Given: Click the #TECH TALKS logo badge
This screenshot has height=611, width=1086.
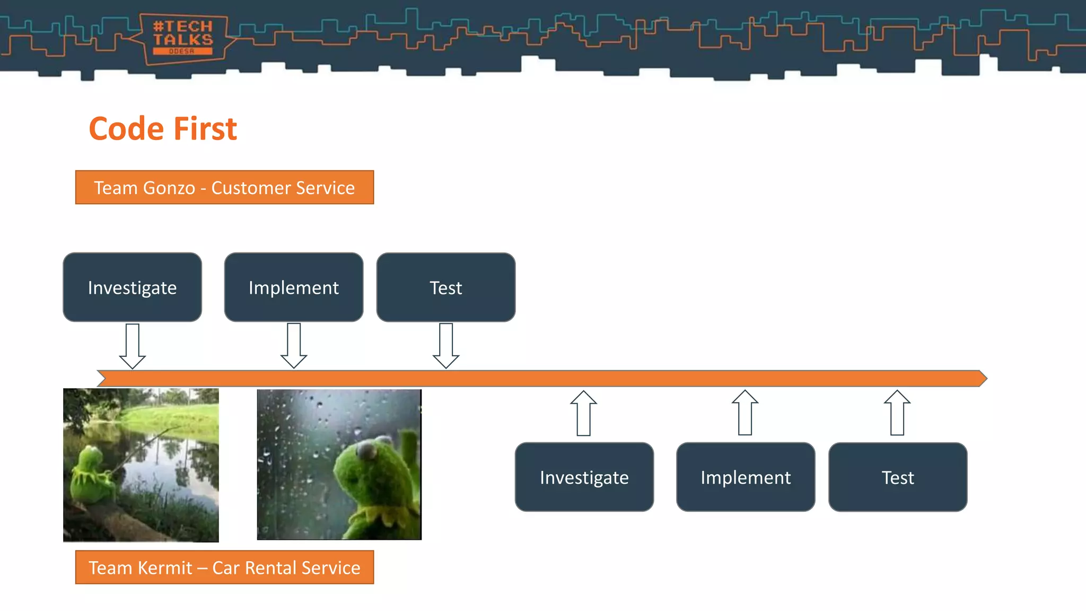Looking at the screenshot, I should click(182, 38).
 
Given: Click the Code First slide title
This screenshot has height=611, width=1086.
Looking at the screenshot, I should click(163, 129).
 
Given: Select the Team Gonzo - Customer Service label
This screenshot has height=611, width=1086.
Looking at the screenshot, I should click(224, 188).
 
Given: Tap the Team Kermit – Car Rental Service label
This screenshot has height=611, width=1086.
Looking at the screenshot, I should click(224, 568).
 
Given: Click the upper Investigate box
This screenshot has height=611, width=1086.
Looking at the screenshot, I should click(132, 287).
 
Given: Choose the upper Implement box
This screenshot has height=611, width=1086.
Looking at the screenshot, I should click(293, 287).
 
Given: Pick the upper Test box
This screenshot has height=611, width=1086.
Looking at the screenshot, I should click(445, 287).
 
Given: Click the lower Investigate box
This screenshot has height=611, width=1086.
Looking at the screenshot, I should click(584, 477).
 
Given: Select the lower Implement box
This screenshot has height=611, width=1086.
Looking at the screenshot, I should click(745, 477).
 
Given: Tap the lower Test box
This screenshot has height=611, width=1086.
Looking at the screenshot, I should click(897, 477).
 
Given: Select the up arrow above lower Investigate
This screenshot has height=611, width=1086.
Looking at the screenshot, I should click(584, 413).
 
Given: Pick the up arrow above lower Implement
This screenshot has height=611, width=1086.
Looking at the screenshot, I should click(745, 413).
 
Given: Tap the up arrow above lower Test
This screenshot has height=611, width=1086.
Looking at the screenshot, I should click(897, 413).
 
